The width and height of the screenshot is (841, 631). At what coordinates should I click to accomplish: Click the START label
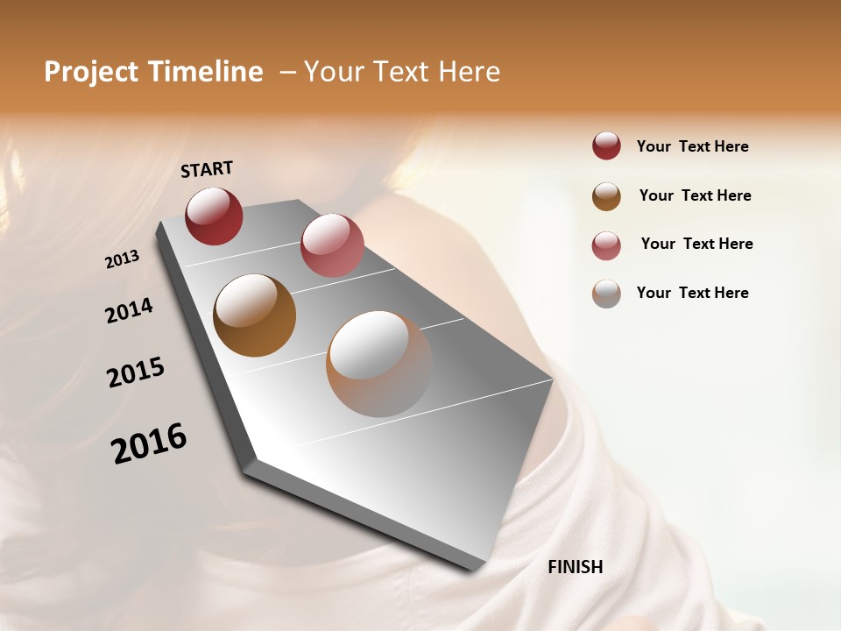coord(207,168)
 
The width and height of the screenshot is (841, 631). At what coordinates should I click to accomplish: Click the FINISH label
coord(575,567)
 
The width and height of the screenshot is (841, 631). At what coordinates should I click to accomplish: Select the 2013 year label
coord(123,259)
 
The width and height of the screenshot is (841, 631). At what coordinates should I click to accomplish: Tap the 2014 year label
coord(130,311)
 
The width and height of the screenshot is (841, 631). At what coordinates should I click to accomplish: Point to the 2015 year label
coord(136,372)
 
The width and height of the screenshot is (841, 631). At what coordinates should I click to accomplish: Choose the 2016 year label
coord(149,443)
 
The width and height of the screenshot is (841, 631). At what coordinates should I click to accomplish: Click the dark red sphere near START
coord(214,216)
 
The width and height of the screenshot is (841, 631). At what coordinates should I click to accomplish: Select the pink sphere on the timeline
coord(332,245)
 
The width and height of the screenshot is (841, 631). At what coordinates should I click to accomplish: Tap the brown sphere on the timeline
coord(254,315)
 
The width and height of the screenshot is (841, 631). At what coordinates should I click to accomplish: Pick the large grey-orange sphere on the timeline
coord(379,364)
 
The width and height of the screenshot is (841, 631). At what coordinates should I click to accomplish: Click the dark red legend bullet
coord(606,146)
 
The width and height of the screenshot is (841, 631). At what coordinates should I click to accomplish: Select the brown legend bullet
coord(606,196)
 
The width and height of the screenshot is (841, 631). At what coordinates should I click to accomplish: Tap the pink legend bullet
coord(606,245)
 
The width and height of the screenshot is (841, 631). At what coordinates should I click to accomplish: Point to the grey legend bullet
coord(606,294)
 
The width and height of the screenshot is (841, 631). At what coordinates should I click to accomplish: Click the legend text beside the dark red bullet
coord(692,146)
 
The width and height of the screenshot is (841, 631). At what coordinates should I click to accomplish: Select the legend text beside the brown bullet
coord(695,195)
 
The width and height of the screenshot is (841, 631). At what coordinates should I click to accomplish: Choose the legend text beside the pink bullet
coord(696,244)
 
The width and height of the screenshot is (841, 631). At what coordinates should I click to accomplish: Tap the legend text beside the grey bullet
coord(692,293)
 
